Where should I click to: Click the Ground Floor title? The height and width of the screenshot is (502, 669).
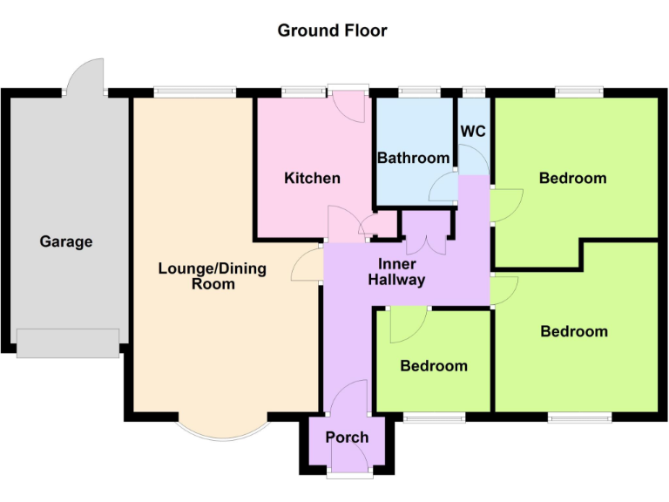pyautogui.click(x=332, y=31)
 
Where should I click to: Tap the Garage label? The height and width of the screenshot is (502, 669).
pyautogui.click(x=66, y=241)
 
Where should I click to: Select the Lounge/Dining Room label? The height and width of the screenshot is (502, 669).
pyautogui.click(x=213, y=275)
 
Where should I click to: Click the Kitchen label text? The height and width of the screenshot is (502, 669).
pyautogui.click(x=313, y=178)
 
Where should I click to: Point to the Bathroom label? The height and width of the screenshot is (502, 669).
pyautogui.click(x=413, y=158)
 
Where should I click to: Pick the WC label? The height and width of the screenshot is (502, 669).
pyautogui.click(x=473, y=132)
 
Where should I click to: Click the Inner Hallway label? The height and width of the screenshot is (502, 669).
pyautogui.click(x=396, y=272)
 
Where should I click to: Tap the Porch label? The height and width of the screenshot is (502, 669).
pyautogui.click(x=348, y=437)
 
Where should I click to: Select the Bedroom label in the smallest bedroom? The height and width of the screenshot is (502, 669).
pyautogui.click(x=434, y=366)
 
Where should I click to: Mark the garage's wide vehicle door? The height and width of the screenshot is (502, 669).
pyautogui.click(x=68, y=343)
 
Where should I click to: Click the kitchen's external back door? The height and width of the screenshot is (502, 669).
pyautogui.click(x=349, y=104)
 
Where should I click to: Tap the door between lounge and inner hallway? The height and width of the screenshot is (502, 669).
pyautogui.click(x=307, y=264)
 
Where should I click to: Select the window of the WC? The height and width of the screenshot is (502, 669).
pyautogui.click(x=474, y=91)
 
